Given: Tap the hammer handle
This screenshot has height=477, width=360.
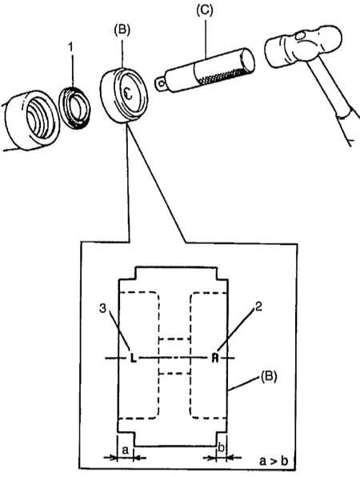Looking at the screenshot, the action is (x=333, y=100).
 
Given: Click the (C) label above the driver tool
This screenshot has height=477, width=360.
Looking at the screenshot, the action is (x=205, y=10).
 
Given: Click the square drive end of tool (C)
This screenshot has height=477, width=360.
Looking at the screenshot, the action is (x=160, y=82).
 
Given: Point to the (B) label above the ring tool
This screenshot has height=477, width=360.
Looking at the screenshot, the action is (x=122, y=30).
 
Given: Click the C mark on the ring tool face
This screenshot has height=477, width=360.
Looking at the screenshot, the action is (x=129, y=94).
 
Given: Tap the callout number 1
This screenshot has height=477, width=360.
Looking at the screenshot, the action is (x=70, y=47).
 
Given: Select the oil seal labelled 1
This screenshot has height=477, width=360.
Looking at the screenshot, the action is (x=74, y=107).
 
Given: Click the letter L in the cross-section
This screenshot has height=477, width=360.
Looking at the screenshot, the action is (x=133, y=358).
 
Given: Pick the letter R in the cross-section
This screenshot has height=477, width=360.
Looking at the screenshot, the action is (x=215, y=358).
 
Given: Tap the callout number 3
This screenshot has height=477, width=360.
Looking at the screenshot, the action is (x=102, y=308).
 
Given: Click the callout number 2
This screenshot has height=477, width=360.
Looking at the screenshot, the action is (x=258, y=307).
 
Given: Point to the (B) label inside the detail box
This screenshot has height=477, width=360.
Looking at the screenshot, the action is (x=269, y=377).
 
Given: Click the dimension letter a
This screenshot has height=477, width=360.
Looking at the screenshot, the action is (x=126, y=449).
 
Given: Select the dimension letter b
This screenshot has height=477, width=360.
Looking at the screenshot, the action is (x=222, y=447).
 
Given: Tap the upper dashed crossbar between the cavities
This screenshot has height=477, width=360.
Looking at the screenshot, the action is (x=175, y=339).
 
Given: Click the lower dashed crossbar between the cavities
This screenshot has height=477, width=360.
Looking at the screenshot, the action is (x=175, y=373).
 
